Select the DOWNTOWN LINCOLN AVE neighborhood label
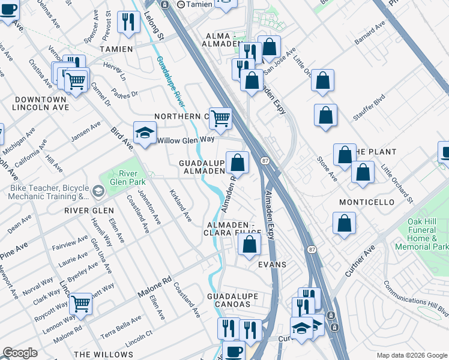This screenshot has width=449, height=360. (40, 103)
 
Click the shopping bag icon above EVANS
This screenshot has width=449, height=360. (249, 244)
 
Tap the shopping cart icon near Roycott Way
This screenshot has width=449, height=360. (80, 304)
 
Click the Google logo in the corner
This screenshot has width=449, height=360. (20, 353)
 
